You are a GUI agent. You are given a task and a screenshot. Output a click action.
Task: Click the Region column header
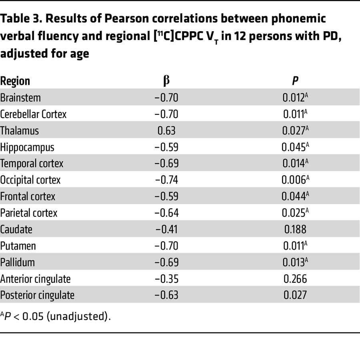click(15, 81)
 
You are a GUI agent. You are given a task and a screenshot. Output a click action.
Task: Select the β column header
click(166, 81)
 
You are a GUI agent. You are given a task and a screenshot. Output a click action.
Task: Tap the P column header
click(295, 81)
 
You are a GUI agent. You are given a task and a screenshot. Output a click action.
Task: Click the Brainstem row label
click(20, 98)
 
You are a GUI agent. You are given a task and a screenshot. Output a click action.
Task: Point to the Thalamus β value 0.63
click(166, 131)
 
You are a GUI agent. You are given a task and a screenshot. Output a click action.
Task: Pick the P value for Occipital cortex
click(295, 180)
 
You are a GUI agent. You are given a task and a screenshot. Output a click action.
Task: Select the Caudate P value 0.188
click(295, 230)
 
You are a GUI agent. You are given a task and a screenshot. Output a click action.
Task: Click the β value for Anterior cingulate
click(166, 279)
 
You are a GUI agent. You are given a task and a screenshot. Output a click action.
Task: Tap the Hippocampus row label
click(27, 147)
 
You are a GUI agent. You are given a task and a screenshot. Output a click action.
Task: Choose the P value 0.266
click(295, 279)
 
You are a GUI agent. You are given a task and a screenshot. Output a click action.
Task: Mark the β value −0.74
click(166, 180)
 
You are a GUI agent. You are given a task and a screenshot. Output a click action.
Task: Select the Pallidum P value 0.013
click(295, 262)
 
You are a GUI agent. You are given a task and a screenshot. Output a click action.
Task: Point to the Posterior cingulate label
click(37, 295)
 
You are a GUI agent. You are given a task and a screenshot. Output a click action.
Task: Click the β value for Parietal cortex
click(166, 213)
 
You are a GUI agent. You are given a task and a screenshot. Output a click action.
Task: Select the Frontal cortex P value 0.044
click(295, 196)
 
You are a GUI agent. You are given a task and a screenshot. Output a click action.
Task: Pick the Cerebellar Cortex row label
click(33, 114)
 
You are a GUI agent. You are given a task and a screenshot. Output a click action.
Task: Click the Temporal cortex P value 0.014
click(295, 164)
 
